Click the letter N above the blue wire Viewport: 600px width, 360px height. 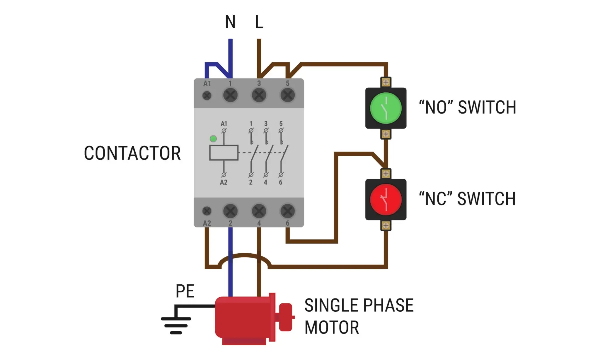[x=230, y=22]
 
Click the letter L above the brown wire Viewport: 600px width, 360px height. [x=259, y=22]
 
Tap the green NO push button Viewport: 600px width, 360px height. [x=386, y=108]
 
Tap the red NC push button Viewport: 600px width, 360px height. [x=386, y=200]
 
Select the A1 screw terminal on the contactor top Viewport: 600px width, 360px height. [x=207, y=95]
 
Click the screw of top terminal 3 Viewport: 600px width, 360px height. [x=259, y=95]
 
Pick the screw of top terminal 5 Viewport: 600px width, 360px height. [x=288, y=95]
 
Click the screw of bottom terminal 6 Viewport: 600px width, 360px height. [x=288, y=211]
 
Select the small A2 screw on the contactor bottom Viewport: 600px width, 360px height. [x=207, y=211]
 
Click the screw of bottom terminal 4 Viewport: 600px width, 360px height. [x=259, y=211]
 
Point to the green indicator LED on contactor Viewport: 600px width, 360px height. [x=213, y=139]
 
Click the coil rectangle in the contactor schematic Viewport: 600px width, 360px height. [x=224, y=153]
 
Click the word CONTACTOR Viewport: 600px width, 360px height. [x=132, y=153]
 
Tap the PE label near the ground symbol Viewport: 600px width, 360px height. [x=185, y=291]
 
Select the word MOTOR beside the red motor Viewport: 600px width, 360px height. [x=332, y=327]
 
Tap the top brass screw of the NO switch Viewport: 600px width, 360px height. [x=386, y=82]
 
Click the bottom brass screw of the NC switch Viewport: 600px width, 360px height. [x=386, y=225]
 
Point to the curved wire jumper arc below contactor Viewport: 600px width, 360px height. [x=245, y=255]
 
